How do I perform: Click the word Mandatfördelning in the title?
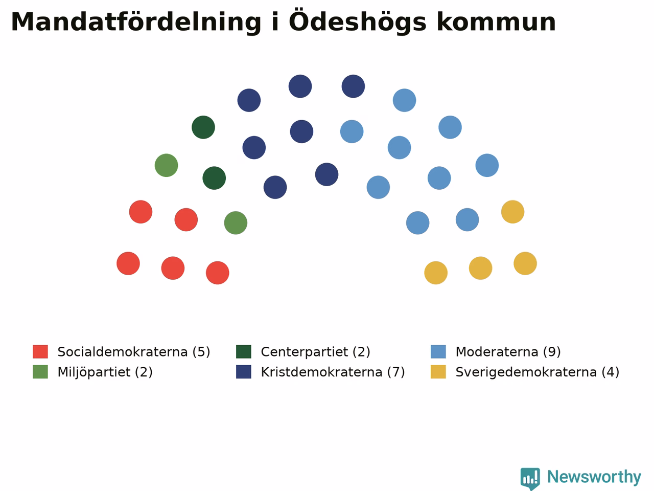coord(136,23)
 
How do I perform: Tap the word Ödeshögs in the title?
coord(358,21)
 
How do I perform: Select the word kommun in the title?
coord(496,21)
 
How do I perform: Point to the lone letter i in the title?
coord(275,21)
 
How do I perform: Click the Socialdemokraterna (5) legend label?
coord(134,352)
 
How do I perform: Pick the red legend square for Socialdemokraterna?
coord(40,352)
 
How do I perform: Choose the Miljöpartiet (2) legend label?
coord(105,372)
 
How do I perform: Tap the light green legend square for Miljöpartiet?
coord(40,372)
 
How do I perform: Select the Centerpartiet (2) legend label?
coord(316,352)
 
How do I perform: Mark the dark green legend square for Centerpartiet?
coord(244,352)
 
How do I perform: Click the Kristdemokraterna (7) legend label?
coord(333,372)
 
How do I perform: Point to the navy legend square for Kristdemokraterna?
coord(244,372)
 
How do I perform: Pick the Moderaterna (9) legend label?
coord(508,352)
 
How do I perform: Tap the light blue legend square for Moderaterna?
coord(438,352)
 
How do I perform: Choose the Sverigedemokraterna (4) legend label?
coord(538,372)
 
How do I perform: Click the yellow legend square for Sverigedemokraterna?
coord(438,372)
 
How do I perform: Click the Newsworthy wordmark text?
coord(594,477)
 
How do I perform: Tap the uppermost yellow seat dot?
coord(513,212)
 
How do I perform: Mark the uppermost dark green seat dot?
coord(203,127)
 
